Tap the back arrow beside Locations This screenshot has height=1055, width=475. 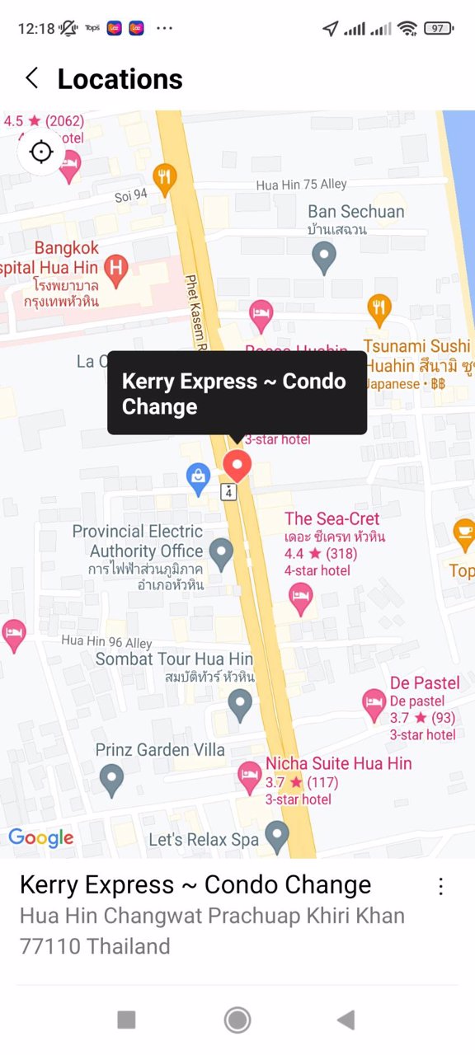tap(31, 78)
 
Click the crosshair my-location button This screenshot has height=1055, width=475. tap(40, 152)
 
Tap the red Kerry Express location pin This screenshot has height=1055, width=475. tap(237, 466)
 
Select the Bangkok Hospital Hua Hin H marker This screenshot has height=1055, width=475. tap(116, 270)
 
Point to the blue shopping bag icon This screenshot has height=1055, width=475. tap(198, 478)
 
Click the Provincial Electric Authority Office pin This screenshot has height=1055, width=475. tap(221, 553)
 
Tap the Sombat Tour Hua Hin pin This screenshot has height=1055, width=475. tap(240, 705)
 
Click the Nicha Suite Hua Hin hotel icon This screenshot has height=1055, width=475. tap(250, 775)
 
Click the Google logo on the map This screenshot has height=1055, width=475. tap(41, 838)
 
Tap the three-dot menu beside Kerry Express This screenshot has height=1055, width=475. tap(441, 886)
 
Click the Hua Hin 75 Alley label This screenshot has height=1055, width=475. tap(301, 185)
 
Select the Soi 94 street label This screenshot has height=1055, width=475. tap(131, 195)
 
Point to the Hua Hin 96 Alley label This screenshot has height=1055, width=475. tap(106, 641)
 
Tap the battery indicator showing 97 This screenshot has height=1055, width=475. tap(438, 28)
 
